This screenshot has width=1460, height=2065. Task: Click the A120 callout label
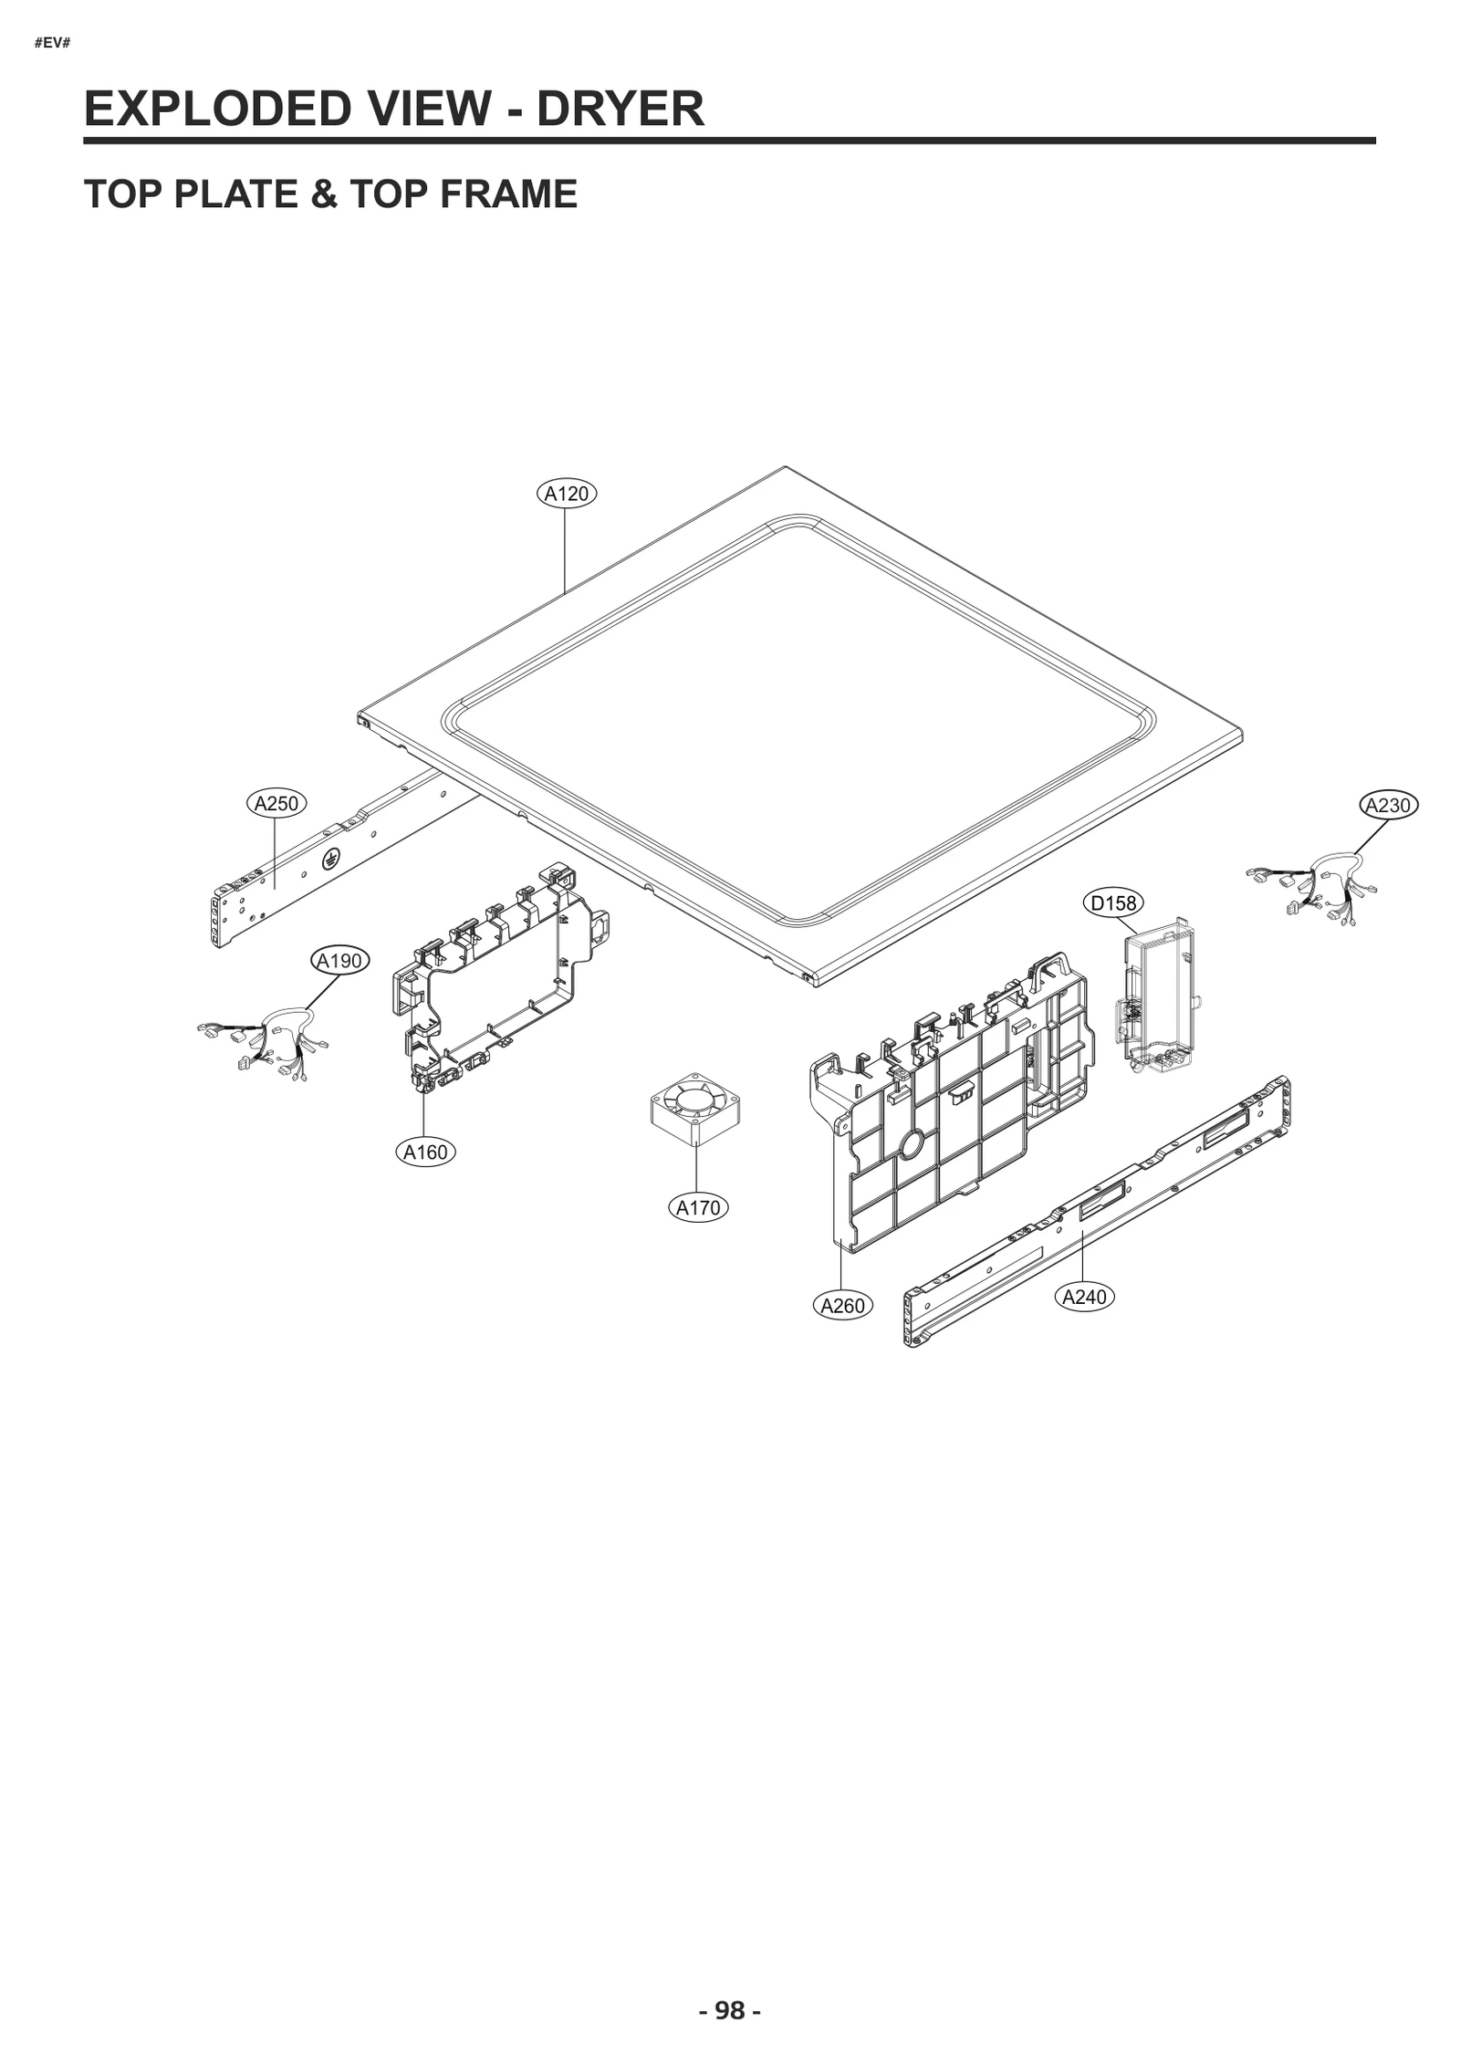(x=566, y=494)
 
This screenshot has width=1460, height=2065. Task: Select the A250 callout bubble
(x=276, y=804)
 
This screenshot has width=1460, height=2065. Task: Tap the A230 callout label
(x=1388, y=805)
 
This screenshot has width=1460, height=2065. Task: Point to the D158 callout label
(x=1114, y=902)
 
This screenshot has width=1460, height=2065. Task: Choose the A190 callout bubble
(x=339, y=960)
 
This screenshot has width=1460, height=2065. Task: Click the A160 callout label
(x=426, y=1152)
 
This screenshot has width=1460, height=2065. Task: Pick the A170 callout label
(x=698, y=1208)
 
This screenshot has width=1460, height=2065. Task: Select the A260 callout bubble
(x=842, y=1306)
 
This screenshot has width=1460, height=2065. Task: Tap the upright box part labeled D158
(x=1154, y=990)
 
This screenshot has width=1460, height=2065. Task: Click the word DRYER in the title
(x=620, y=109)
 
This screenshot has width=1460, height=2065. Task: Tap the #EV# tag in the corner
(x=52, y=43)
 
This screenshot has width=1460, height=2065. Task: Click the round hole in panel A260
(x=912, y=1144)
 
